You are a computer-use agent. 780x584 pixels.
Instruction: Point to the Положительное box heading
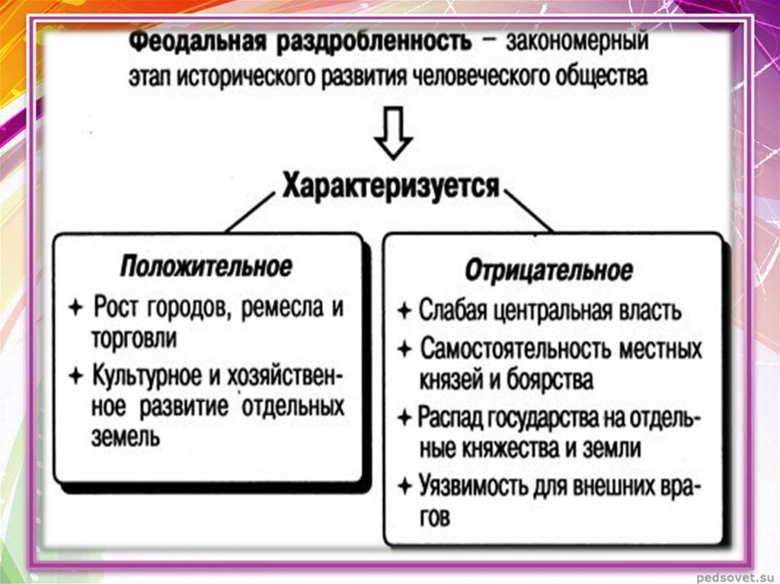coord(206,266)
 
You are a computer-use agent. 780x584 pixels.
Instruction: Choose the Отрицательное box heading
coord(548,270)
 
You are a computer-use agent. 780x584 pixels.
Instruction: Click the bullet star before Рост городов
coord(75,308)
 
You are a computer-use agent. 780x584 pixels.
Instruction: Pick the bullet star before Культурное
coord(75,375)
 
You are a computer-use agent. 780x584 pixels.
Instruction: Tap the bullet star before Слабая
coord(404,311)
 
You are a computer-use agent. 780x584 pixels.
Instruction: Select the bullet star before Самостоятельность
coord(404,349)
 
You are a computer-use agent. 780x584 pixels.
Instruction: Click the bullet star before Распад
coord(404,418)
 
